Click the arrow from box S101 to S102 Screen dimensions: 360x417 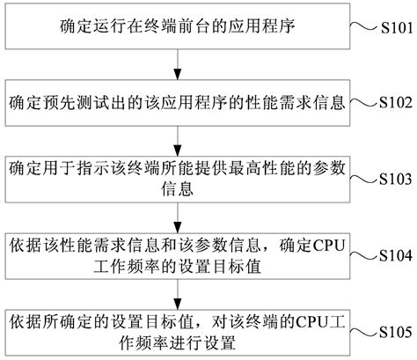point(179,61)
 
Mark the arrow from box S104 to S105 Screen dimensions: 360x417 point(179,290)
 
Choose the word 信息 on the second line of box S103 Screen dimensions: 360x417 point(179,187)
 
